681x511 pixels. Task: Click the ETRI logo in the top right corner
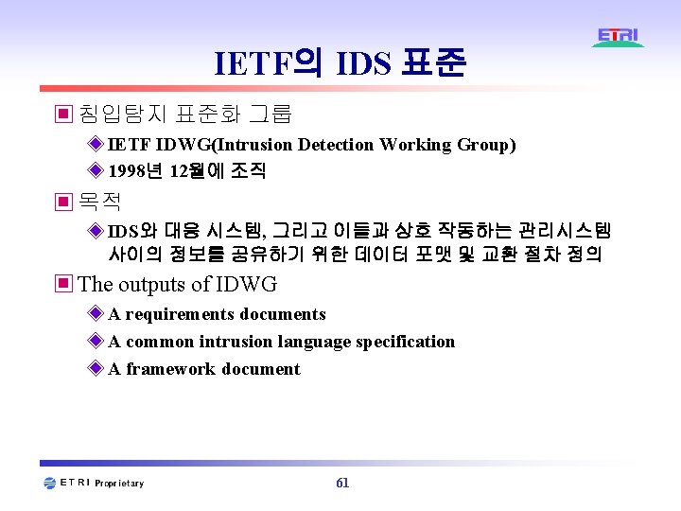[x=619, y=38]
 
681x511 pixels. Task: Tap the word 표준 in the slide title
[x=433, y=64]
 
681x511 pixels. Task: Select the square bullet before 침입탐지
[x=63, y=115]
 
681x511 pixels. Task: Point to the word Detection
[x=336, y=145]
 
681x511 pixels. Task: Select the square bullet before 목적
[x=63, y=202]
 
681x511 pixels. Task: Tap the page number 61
[x=342, y=483]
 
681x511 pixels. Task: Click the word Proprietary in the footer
[x=120, y=484]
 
